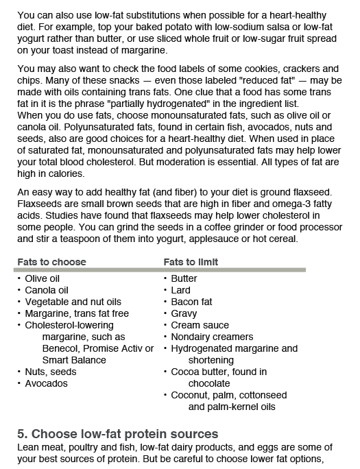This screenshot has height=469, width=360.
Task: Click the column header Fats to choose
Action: [x=52, y=262]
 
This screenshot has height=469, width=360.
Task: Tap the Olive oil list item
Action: [x=43, y=278]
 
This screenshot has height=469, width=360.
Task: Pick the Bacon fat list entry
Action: [x=191, y=302]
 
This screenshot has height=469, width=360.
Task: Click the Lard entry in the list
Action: [x=181, y=290]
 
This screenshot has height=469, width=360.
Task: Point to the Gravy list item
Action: [x=184, y=313]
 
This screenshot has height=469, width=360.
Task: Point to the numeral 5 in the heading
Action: [x=21, y=433]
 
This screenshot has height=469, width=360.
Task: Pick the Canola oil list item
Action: [x=47, y=290]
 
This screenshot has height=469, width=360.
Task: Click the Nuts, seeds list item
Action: [x=51, y=372]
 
